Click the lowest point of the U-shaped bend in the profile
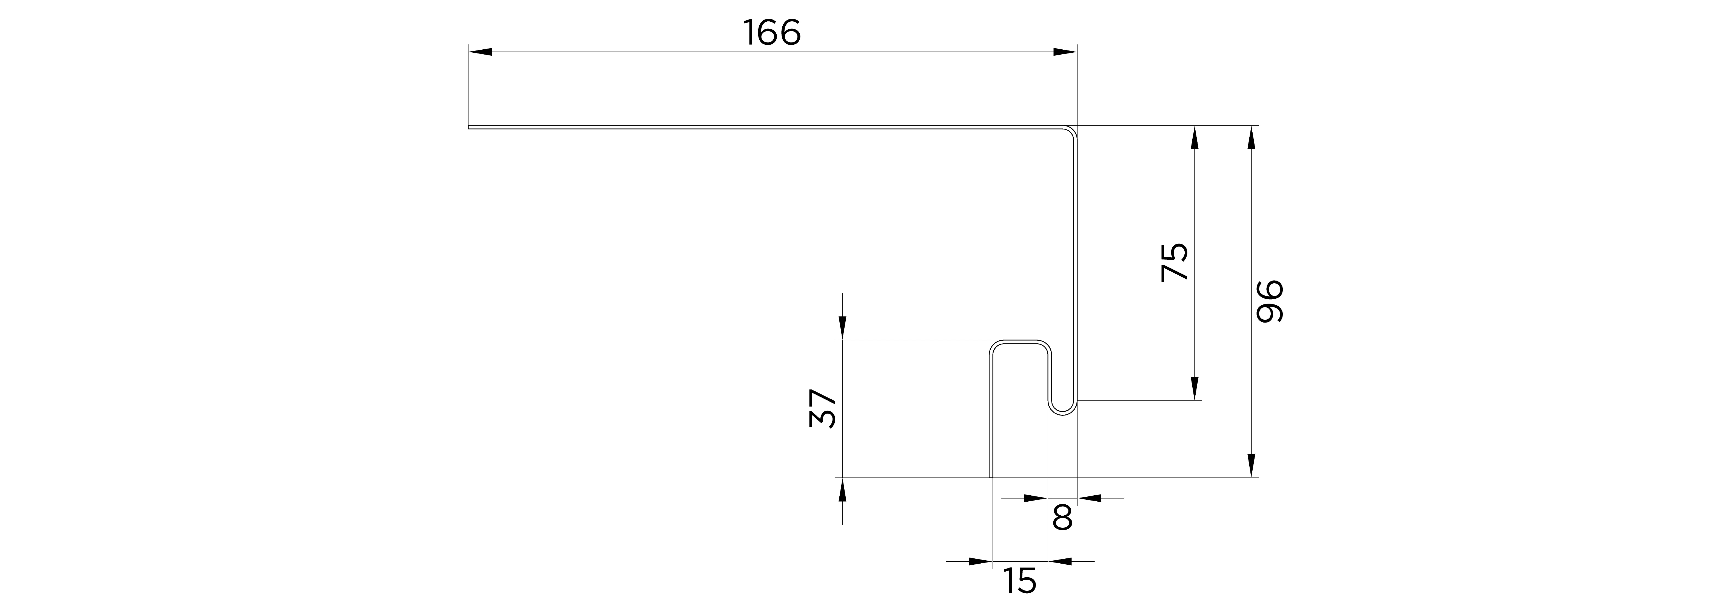[x=1063, y=417]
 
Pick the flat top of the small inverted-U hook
[x=1021, y=342]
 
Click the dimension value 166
[x=772, y=33]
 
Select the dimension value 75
[x=1174, y=262]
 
